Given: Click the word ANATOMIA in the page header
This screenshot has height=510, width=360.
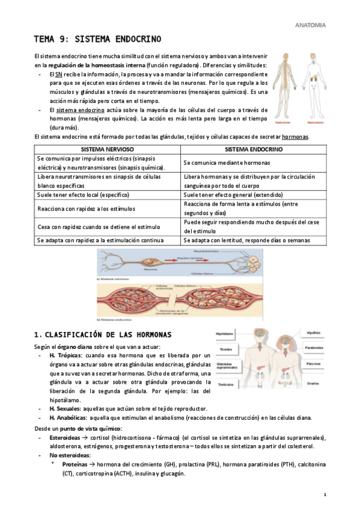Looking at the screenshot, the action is click(x=311, y=25).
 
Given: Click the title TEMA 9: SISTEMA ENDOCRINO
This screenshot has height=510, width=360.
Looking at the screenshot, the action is click(x=97, y=40).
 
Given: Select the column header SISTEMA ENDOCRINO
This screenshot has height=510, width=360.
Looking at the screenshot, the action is click(x=253, y=149).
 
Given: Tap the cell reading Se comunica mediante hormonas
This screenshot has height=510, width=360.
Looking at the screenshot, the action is click(x=227, y=163).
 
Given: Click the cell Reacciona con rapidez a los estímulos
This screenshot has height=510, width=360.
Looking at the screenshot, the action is click(x=86, y=209).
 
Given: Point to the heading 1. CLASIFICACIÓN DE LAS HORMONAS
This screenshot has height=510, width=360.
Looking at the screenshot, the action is click(x=103, y=334).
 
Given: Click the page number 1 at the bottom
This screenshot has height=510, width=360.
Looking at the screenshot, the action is click(x=325, y=495).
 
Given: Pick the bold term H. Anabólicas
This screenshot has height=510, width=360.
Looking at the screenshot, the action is click(x=69, y=418).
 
